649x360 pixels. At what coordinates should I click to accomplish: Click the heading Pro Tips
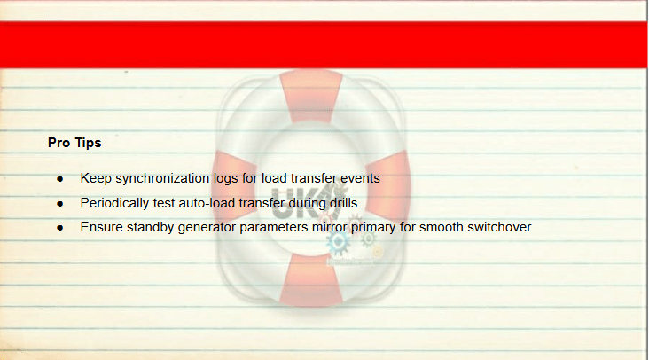[74, 143]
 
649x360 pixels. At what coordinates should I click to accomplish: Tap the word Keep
[96, 178]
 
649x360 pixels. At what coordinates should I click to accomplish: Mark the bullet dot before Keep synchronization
[60, 179]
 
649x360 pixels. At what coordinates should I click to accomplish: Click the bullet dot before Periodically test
[60, 204]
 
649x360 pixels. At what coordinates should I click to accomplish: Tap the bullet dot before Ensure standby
[60, 228]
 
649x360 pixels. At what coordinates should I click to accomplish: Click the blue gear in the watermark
[338, 242]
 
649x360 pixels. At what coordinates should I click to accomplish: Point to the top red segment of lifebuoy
[311, 97]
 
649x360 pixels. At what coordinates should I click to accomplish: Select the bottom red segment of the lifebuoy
[311, 280]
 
